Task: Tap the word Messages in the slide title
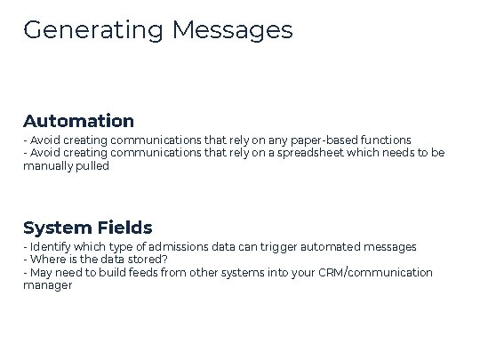[x=233, y=30]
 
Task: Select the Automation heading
[x=78, y=121]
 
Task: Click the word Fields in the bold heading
[x=122, y=228]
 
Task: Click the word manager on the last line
[x=48, y=285]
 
